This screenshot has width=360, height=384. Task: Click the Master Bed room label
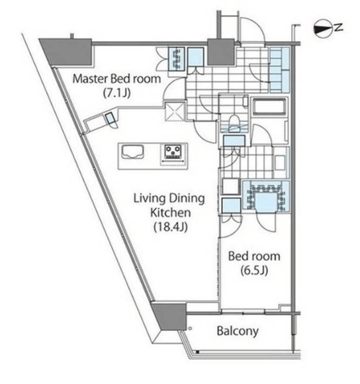(116, 79)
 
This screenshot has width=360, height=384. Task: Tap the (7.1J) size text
(116, 93)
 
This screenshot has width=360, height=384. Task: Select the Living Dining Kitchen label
(169, 205)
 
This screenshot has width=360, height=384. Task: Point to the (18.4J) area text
(171, 227)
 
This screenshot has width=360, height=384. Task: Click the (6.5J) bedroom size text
(254, 270)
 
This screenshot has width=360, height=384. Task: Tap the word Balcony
(238, 331)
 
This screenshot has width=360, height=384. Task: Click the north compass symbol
(324, 28)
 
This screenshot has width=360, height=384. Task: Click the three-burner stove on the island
(173, 152)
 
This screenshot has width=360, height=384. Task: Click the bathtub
(269, 106)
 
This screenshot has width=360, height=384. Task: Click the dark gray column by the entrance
(221, 52)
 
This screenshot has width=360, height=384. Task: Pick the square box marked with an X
(175, 112)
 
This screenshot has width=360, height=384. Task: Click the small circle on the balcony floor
(190, 328)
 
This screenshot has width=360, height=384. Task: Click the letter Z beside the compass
(338, 27)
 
